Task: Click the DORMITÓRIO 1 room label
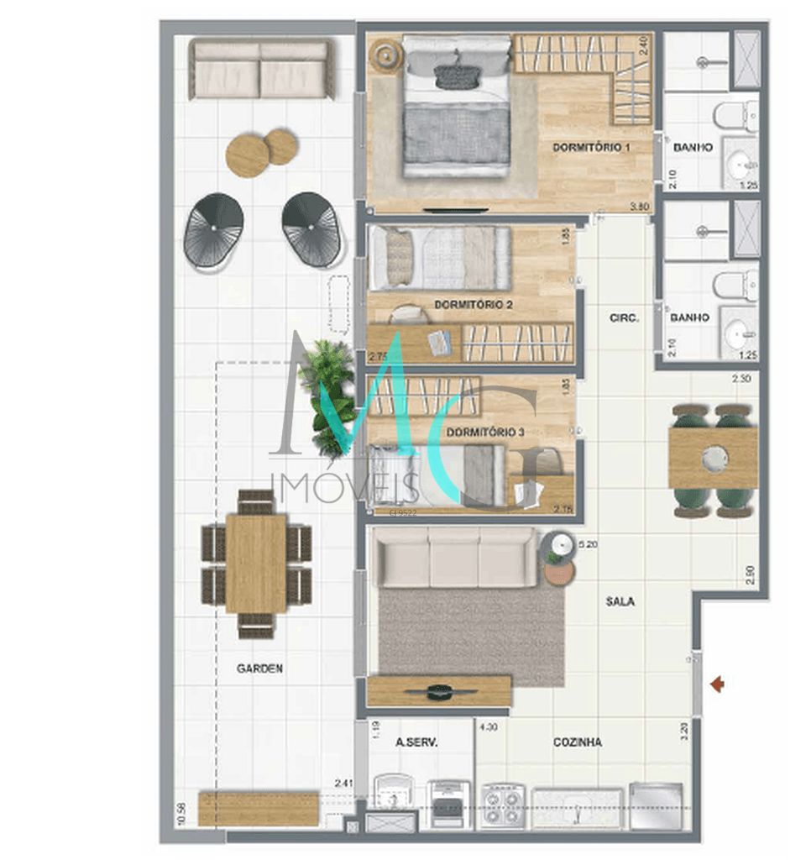tap(591, 148)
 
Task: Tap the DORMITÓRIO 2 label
tap(474, 304)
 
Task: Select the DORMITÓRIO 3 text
tap(485, 433)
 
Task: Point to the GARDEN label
tap(259, 669)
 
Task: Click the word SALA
tap(620, 601)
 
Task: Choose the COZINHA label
tap(577, 742)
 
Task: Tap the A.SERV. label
tap(416, 742)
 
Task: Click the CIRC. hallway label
tap(625, 318)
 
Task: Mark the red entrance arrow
tap(717, 685)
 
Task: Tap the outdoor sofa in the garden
tap(260, 69)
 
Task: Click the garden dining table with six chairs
tap(257, 564)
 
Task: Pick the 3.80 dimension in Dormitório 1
tap(641, 207)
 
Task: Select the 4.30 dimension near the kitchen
tap(488, 729)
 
